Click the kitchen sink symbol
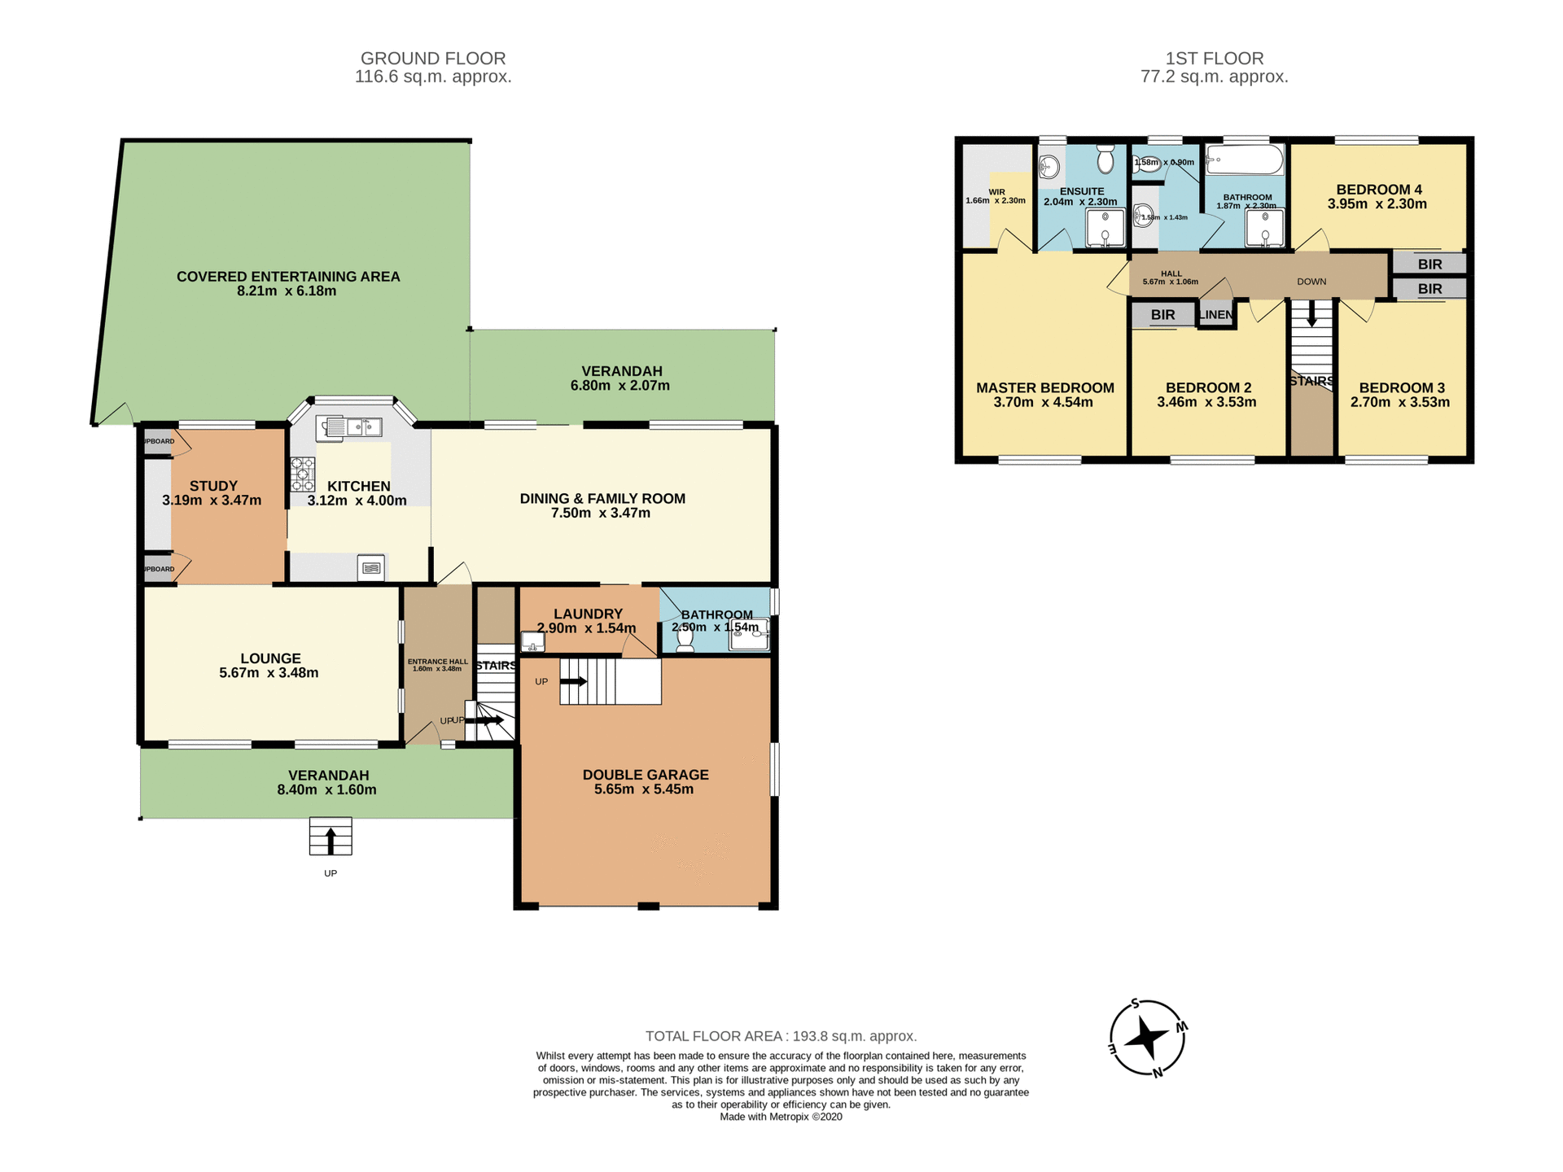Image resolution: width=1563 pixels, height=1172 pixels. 350,427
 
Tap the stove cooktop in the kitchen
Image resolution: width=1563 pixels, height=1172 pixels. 303,474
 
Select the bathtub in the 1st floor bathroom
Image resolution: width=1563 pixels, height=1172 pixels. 1244,160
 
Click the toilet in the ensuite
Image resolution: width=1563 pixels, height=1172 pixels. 1105,160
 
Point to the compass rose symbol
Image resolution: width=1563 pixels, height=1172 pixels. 1147,1039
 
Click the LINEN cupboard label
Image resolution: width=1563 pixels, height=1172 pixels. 1216,315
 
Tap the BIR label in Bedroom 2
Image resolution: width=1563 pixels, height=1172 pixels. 1162,315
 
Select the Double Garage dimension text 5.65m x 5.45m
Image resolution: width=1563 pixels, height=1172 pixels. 643,789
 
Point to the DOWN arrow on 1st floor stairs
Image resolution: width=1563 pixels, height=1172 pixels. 1311,313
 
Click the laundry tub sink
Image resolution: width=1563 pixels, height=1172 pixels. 532,642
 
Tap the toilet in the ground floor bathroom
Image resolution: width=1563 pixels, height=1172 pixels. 685,640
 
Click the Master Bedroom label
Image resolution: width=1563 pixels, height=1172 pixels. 1044,388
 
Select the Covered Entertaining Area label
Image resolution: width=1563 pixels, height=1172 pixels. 288,277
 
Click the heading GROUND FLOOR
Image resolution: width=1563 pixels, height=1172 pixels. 433,59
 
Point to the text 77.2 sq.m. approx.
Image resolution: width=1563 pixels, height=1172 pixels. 1214,77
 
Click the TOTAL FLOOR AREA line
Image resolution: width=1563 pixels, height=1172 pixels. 781,1036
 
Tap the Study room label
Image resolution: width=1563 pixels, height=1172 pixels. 213,486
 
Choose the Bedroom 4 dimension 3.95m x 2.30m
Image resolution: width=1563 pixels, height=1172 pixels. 1377,204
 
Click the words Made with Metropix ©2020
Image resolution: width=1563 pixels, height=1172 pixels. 781,1117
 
